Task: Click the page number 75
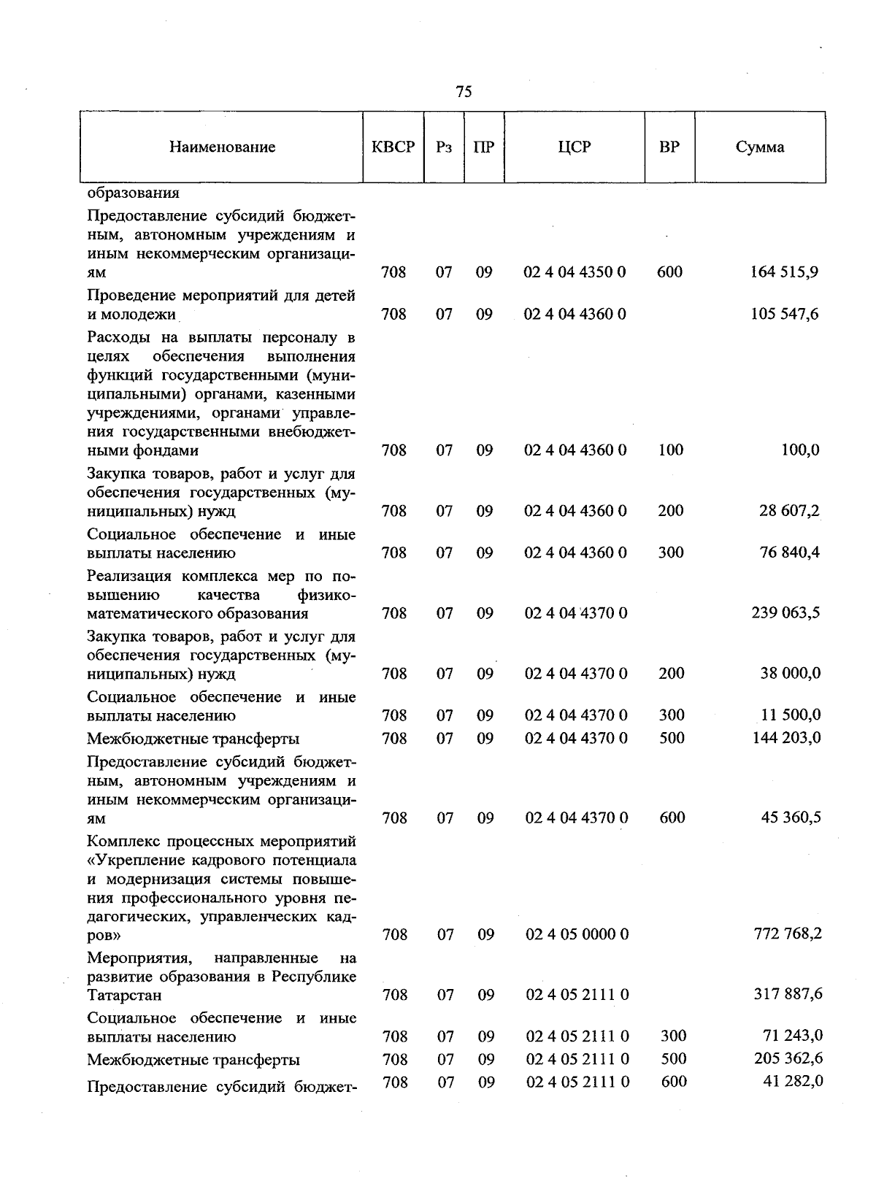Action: point(464,91)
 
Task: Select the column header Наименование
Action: point(223,147)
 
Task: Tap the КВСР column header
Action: point(393,147)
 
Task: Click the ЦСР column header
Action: point(575,147)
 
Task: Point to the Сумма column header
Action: point(760,147)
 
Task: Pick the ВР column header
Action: point(669,147)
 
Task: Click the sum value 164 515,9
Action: point(784,272)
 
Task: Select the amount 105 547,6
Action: point(784,314)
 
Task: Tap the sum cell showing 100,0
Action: point(800,450)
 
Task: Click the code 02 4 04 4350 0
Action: point(575,272)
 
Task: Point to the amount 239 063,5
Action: point(785,612)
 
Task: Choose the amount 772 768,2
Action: point(788,934)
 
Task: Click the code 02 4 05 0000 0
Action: point(577,934)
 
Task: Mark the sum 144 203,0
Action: point(786,738)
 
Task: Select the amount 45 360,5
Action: point(791,817)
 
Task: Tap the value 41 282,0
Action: point(793,1081)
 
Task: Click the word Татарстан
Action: point(124,995)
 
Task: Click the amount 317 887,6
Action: point(788,994)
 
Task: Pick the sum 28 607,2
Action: point(789,510)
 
